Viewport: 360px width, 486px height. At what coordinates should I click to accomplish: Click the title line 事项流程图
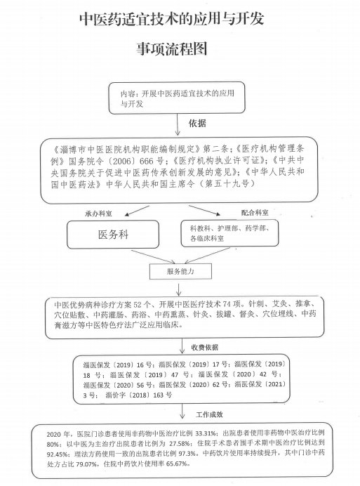pyautogui.click(x=172, y=48)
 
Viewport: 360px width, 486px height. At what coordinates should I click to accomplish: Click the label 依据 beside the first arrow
pyautogui.click(x=197, y=123)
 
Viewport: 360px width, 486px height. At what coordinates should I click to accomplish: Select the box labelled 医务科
pyautogui.click(x=113, y=235)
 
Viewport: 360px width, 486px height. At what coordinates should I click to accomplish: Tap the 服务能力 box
pyautogui.click(x=180, y=272)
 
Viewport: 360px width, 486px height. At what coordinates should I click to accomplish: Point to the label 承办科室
pyautogui.click(x=98, y=214)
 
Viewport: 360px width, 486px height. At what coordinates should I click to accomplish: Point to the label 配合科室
pyautogui.click(x=255, y=213)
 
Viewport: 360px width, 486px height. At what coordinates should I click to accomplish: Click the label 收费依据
pyautogui.click(x=204, y=347)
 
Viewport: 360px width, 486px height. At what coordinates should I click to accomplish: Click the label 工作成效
pyautogui.click(x=209, y=414)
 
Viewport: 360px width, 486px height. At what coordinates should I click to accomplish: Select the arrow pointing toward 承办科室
pyautogui.click(x=137, y=211)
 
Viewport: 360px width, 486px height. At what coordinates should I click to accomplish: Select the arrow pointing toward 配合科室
pyautogui.click(x=204, y=210)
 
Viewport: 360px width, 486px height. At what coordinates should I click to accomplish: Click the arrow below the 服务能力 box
pyautogui.click(x=179, y=289)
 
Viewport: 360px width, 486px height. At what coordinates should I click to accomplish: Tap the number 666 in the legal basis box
pyautogui.click(x=147, y=161)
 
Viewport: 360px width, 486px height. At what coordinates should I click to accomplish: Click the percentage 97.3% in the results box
pyautogui.click(x=187, y=454)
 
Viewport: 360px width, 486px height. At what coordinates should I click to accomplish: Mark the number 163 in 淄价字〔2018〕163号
pyautogui.click(x=159, y=395)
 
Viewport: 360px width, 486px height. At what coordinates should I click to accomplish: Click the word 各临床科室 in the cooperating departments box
pyautogui.click(x=206, y=238)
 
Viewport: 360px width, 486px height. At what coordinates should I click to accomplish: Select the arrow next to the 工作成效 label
pyautogui.click(x=182, y=412)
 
